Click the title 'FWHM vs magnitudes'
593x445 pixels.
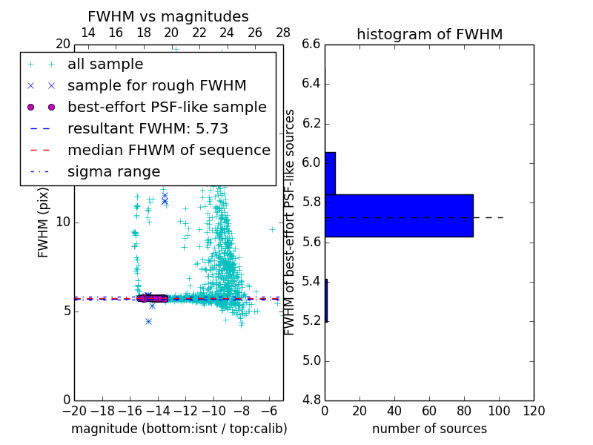pos(168,17)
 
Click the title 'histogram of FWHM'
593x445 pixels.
pos(429,34)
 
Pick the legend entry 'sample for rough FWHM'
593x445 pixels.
pos(156,86)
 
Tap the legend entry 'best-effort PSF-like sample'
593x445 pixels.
pos(167,108)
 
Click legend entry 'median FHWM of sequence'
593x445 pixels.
pos(168,151)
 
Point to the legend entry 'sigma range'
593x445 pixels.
pos(113,172)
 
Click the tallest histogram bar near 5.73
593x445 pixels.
pos(399,216)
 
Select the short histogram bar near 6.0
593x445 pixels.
pos(330,174)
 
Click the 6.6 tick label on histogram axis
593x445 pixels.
pos(311,44)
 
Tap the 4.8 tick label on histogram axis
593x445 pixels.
pos(311,400)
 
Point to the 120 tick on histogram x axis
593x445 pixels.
pos(534,412)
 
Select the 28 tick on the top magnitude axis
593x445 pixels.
pos(283,33)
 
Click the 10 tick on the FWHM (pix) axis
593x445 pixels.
pos(62,222)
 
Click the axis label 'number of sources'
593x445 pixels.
pos(429,429)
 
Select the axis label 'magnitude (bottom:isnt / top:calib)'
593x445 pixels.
pos(179,429)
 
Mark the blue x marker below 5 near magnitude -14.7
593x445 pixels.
pos(148,321)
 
